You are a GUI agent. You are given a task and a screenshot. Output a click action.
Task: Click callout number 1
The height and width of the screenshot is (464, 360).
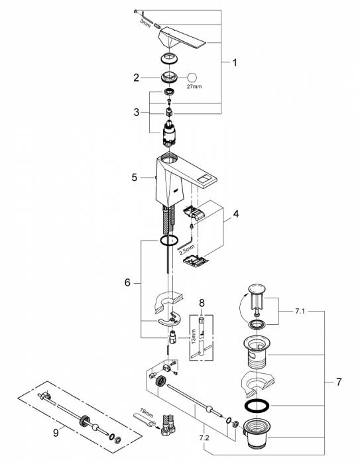click(235, 63)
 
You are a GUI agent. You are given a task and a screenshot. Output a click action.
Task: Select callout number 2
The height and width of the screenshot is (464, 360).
click(136, 78)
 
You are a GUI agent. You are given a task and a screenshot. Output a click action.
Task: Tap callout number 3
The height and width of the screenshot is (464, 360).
click(136, 113)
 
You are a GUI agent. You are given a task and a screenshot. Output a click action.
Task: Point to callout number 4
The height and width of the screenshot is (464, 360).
click(235, 213)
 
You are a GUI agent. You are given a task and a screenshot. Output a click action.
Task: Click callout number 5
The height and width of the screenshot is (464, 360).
click(135, 178)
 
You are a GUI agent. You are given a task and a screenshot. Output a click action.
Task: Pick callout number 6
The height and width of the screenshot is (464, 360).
click(127, 283)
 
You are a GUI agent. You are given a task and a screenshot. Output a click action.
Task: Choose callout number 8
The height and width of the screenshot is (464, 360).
click(202, 303)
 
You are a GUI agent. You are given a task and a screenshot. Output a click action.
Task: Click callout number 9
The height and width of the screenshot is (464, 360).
click(56, 433)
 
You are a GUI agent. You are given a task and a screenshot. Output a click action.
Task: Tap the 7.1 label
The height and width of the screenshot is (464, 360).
click(300, 312)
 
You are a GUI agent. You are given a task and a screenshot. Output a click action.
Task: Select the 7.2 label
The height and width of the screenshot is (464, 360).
click(204, 437)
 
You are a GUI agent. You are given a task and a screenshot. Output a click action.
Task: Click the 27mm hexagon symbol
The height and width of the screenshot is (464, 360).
click(192, 78)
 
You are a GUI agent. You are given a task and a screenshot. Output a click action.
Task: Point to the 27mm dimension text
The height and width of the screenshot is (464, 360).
click(194, 87)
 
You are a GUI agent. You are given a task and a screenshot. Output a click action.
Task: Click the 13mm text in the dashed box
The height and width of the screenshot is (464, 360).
click(194, 336)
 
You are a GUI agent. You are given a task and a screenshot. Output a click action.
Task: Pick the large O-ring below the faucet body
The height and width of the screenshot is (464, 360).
click(169, 240)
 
